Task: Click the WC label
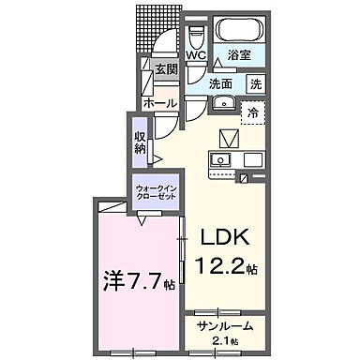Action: [196, 55]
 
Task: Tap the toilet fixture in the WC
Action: [196, 37]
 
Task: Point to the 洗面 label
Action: [221, 83]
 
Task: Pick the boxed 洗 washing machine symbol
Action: [255, 83]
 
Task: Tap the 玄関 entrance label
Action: [166, 69]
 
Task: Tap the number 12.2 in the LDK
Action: [219, 264]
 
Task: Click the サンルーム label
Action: [221, 326]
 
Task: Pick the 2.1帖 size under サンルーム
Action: [223, 340]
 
